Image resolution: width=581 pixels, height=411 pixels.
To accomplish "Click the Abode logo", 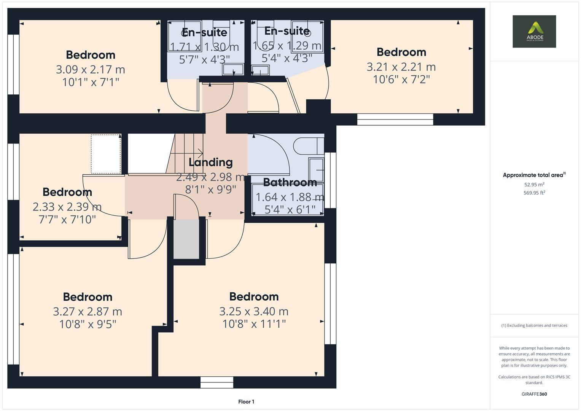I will (x=534, y=31).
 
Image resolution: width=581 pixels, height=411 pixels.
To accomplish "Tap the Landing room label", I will (x=210, y=162).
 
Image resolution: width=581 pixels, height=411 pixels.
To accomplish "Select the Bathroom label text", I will (x=290, y=183).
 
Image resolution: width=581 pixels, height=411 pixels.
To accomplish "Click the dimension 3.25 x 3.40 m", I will (x=254, y=311).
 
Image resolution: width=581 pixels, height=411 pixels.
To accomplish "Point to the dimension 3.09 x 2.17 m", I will (x=91, y=70).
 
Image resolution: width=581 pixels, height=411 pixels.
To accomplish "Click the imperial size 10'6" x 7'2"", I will (x=401, y=80).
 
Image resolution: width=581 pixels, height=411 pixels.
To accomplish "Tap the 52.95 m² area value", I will (x=534, y=185).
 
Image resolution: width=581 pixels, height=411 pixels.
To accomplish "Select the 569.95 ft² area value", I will (x=534, y=193).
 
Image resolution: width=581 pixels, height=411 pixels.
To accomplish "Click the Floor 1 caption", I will (x=246, y=401).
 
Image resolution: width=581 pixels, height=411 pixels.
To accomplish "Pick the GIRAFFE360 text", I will (x=534, y=394).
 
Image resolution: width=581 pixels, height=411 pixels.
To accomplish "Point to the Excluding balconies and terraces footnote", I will (x=534, y=325).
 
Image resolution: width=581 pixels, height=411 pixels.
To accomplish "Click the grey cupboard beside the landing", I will (x=186, y=239).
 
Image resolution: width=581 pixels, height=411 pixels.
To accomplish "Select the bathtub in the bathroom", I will (x=288, y=200).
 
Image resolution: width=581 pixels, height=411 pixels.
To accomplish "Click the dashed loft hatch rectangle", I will (x=106, y=154).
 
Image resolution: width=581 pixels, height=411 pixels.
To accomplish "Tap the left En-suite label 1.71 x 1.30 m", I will (x=204, y=47).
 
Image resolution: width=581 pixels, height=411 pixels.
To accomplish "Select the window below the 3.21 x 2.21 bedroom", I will (x=395, y=119).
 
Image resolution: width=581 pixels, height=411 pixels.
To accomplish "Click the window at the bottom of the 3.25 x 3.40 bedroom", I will (x=217, y=382).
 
